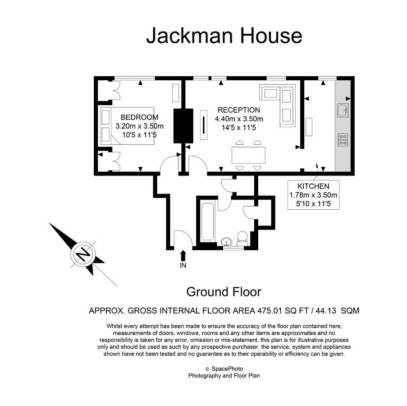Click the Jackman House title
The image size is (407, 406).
click(224, 36)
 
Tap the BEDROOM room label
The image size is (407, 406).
click(139, 117)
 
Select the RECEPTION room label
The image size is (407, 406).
click(239, 110)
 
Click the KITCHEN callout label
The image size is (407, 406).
click(313, 186)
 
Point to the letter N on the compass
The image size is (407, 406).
click(83, 254)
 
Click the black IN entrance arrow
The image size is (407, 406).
click(183, 255)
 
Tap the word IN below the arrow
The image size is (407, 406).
click(183, 265)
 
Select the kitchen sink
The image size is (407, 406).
click(343, 111)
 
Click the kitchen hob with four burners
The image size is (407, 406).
click(343, 140)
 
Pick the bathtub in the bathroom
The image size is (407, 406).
click(208, 221)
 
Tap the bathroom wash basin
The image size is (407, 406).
click(227, 242)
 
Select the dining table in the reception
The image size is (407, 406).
click(248, 155)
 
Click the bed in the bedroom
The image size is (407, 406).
click(127, 126)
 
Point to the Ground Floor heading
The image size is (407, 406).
click(224, 292)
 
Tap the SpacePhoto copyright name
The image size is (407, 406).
click(227, 369)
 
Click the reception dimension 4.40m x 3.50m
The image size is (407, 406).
click(239, 119)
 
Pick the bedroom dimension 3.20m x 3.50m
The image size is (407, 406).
click(139, 126)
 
